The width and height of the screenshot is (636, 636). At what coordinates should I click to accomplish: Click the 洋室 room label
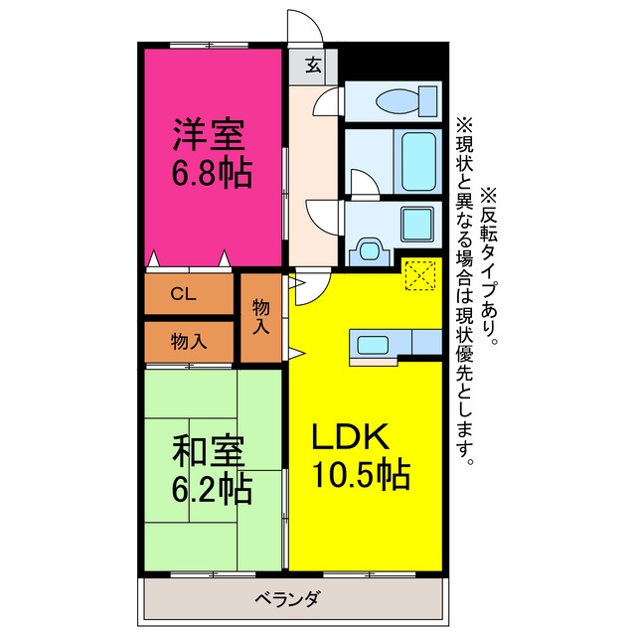pyautogui.click(x=209, y=135)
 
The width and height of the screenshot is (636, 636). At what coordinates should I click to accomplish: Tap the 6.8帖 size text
pyautogui.click(x=212, y=174)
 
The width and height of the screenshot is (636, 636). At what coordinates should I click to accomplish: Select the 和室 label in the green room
pyautogui.click(x=209, y=450)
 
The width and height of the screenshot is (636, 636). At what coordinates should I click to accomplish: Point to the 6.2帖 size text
pyautogui.click(x=212, y=489)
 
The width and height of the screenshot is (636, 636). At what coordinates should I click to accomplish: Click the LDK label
pyautogui.click(x=351, y=436)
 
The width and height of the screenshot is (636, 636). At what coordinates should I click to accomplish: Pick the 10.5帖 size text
pyautogui.click(x=361, y=475)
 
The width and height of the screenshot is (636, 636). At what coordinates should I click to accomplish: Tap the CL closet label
pyautogui.click(x=183, y=294)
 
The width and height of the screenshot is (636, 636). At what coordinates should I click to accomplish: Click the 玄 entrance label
pyautogui.click(x=313, y=66)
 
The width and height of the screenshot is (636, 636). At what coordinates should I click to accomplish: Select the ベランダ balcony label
pyautogui.click(x=289, y=598)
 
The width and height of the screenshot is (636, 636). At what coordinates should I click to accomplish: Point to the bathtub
pyautogui.click(x=418, y=161)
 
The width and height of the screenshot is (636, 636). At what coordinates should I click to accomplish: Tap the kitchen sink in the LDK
pyautogui.click(x=373, y=345)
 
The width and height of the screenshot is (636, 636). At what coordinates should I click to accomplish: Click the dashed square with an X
pyautogui.click(x=420, y=275)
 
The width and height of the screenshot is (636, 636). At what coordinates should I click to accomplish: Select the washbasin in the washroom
pyautogui.click(x=369, y=250)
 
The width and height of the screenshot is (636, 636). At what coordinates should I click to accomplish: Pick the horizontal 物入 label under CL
pyautogui.click(x=189, y=341)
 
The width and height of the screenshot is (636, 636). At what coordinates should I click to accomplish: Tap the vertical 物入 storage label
pyautogui.click(x=260, y=317)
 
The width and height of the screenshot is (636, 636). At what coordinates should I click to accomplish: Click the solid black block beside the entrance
pyautogui.click(x=393, y=61)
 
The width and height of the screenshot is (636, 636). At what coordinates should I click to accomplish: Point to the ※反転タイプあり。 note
pyautogui.click(x=489, y=266)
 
